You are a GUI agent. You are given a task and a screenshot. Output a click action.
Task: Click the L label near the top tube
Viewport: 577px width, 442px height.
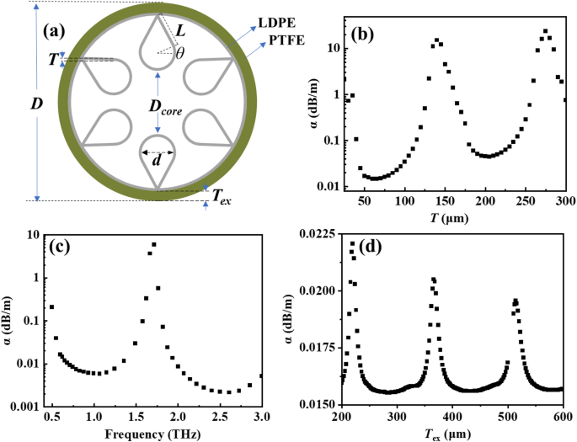click(180, 29)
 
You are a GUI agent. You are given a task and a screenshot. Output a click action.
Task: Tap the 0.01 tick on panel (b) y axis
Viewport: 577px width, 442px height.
click(331, 186)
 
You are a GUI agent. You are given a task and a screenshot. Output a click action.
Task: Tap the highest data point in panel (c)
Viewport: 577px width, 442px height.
click(153, 245)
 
